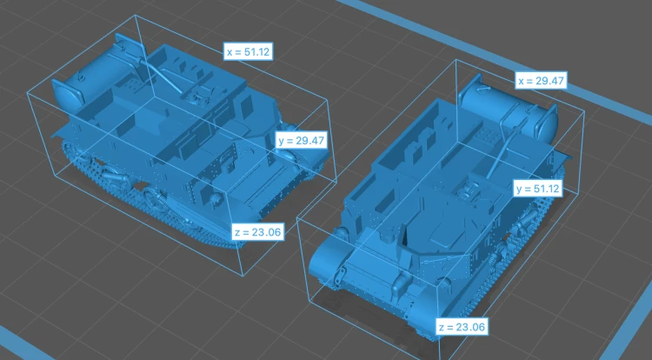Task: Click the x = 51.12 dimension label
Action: tap(249, 51)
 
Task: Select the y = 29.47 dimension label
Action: tap(301, 141)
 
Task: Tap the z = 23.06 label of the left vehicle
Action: tap(258, 232)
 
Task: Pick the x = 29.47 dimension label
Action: tap(542, 80)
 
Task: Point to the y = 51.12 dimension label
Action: tap(537, 189)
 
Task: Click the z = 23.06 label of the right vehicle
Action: tap(462, 327)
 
